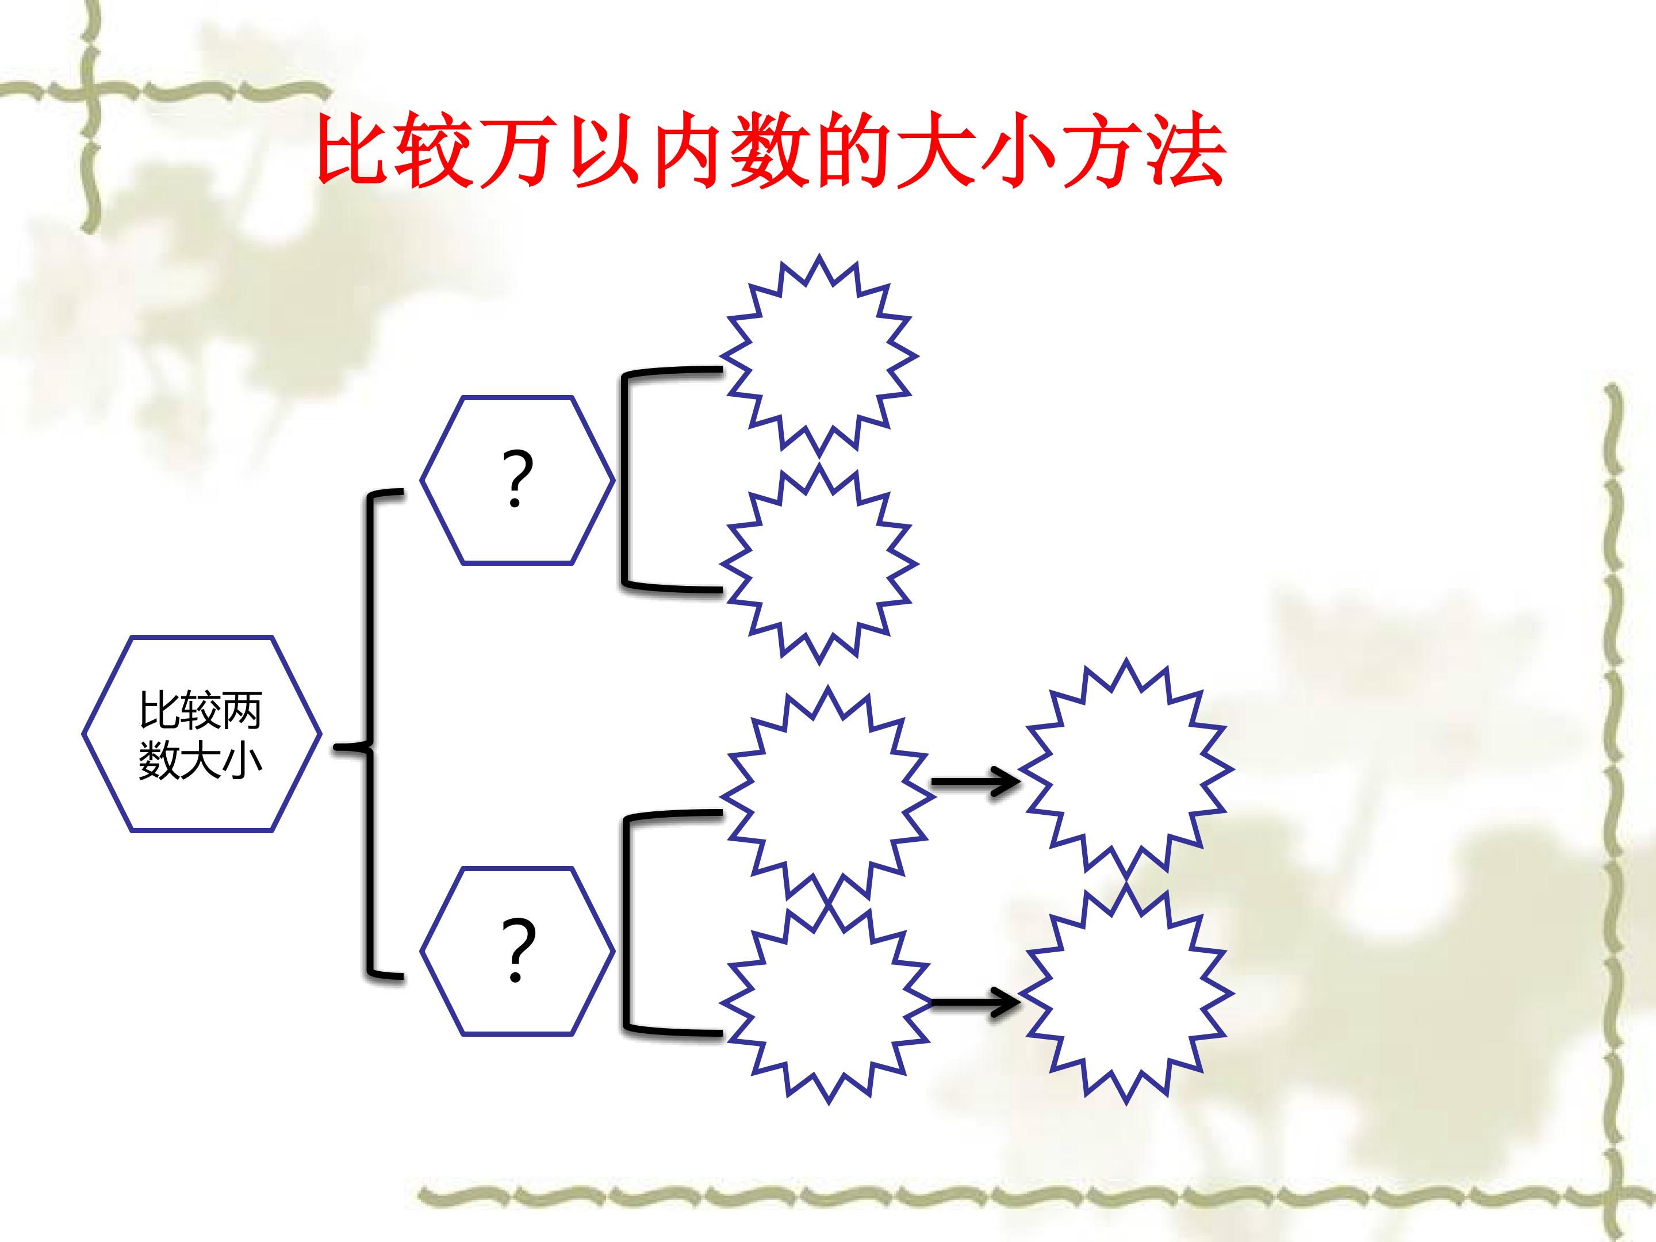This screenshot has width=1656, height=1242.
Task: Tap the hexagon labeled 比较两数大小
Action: point(201,734)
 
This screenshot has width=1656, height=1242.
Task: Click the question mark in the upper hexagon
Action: point(516,479)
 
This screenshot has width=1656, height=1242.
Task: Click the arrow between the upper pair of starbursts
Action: point(975,783)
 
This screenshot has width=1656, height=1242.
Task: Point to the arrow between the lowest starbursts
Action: point(975,1001)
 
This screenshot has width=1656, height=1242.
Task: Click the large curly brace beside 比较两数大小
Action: point(369,734)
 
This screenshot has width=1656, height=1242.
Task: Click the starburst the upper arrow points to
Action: point(1126,769)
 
